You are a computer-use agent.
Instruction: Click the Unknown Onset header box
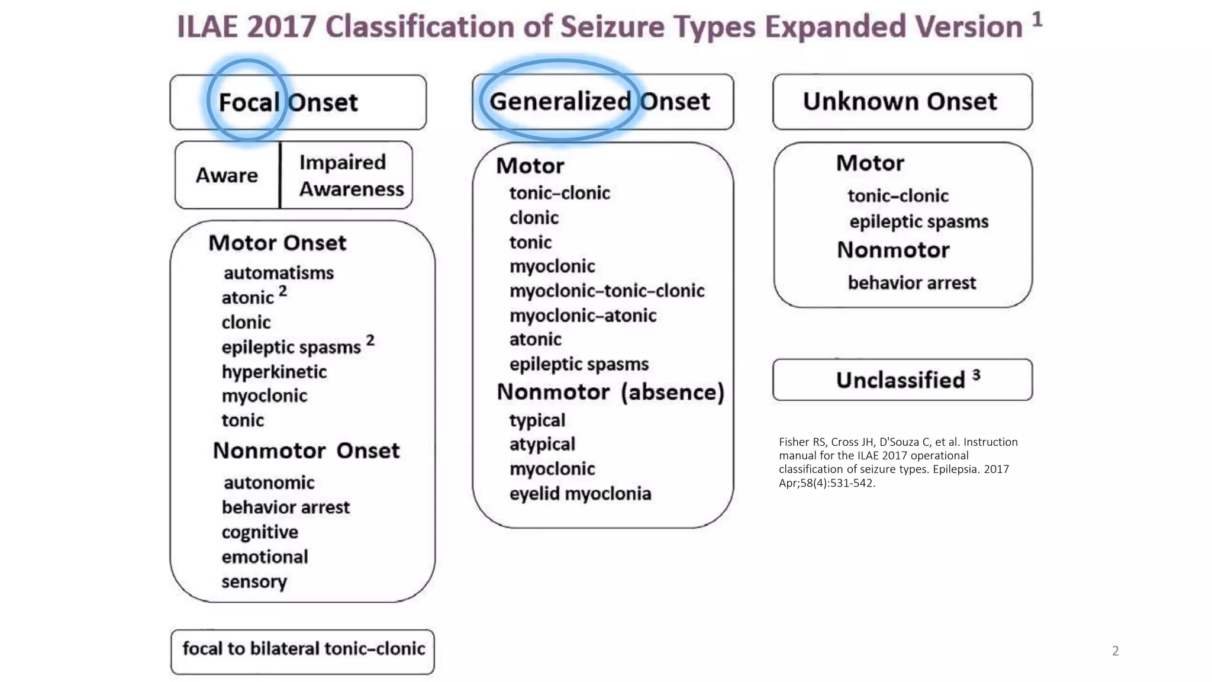pos(902,102)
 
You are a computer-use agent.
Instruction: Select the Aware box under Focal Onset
pos(227,175)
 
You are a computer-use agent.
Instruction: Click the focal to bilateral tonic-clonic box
pos(303,649)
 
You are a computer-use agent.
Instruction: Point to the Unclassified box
pos(902,380)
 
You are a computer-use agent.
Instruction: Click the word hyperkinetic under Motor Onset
pos(274,372)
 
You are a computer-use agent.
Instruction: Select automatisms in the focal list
pos(279,273)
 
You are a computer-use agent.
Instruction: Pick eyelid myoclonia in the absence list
pos(580,494)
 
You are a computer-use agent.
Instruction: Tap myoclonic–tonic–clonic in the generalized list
pos(607,291)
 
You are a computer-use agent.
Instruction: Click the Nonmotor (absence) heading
pos(610,392)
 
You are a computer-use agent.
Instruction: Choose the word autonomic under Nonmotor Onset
pos(269,482)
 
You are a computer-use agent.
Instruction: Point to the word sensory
pos(254,582)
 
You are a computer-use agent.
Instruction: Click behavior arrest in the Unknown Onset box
pos(911,283)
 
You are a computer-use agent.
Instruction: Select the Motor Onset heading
pos(277,243)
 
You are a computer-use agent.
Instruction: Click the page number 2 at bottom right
pos(1115,651)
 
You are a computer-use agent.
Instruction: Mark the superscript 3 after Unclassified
pos(976,375)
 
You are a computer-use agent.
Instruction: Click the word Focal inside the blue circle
pos(249,102)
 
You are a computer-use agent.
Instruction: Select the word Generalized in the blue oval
pos(560,101)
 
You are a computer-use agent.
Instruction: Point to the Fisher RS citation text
pos(898,462)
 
